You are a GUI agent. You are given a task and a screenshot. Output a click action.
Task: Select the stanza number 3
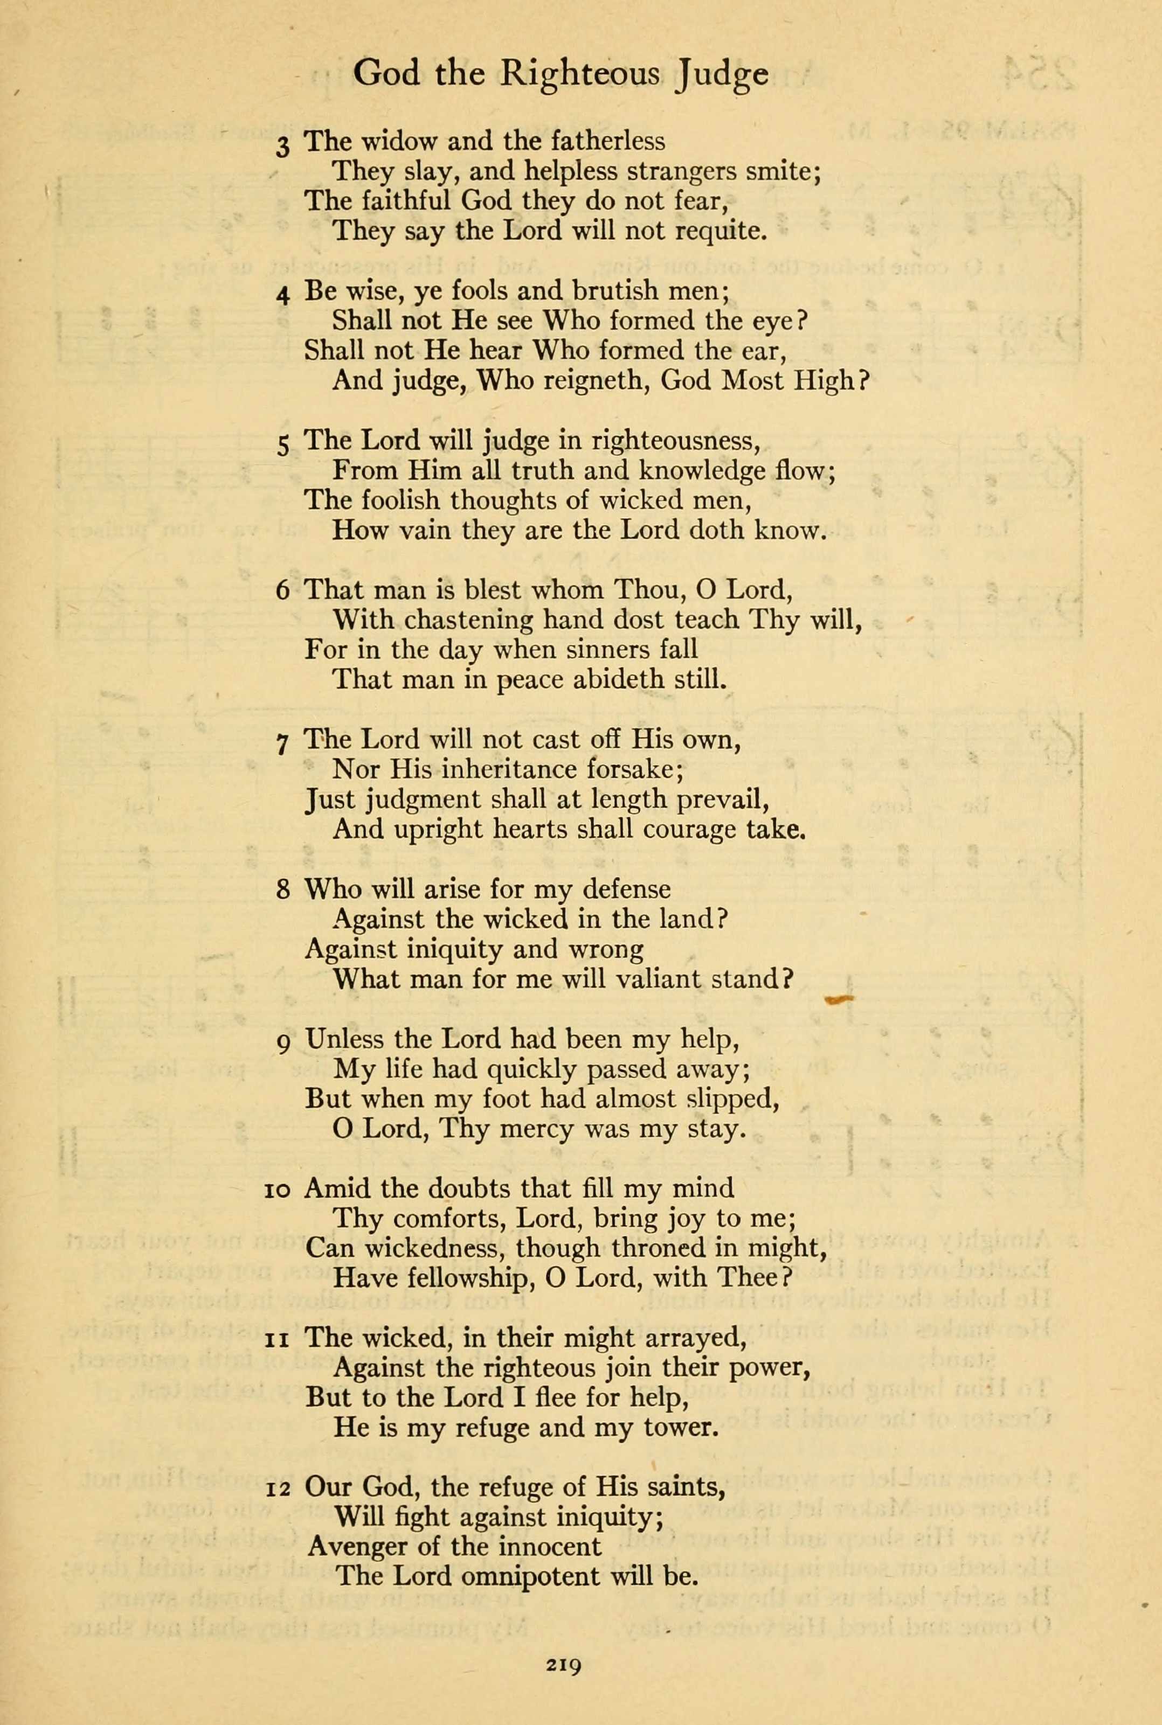tap(282, 146)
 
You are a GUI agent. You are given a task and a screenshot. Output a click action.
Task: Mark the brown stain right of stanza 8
tap(839, 1000)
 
